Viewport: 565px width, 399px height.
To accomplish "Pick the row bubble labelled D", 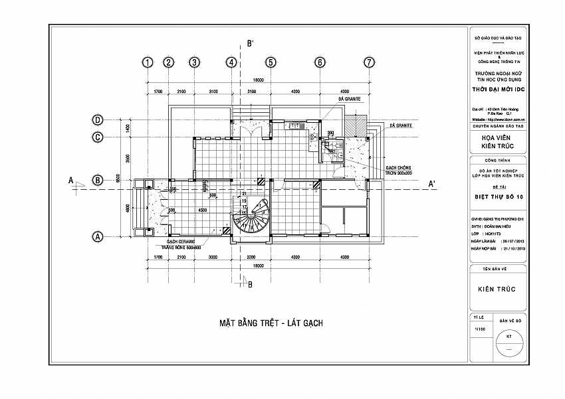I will [98, 120].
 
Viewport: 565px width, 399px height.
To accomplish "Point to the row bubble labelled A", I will [98, 236].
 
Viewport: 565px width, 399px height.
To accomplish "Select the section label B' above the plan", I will [251, 44].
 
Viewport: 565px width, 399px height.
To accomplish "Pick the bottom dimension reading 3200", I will [251, 256].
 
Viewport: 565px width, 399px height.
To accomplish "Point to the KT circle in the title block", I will [509, 339].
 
